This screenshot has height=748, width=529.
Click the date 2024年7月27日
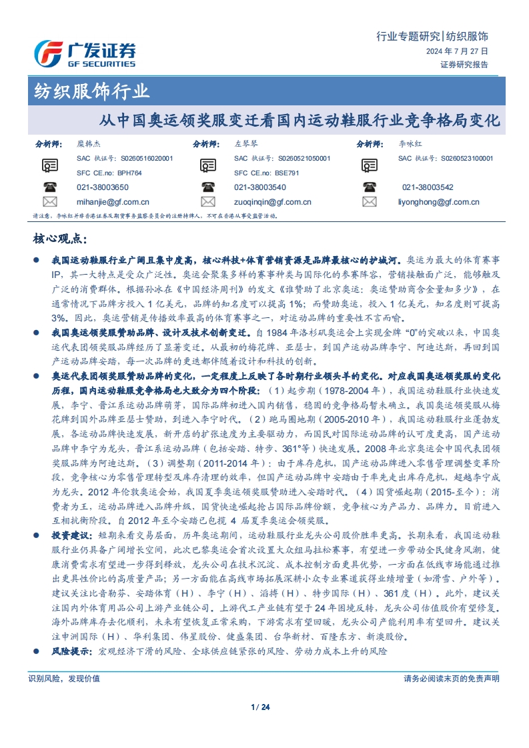(x=456, y=51)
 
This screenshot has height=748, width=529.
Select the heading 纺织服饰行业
(x=92, y=91)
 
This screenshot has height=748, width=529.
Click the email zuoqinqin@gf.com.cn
(x=273, y=202)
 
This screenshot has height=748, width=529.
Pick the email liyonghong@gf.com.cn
(x=438, y=202)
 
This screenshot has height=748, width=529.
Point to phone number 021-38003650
(x=102, y=188)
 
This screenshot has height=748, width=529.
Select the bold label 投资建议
(x=69, y=535)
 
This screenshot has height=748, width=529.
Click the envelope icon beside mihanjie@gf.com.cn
(x=50, y=202)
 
